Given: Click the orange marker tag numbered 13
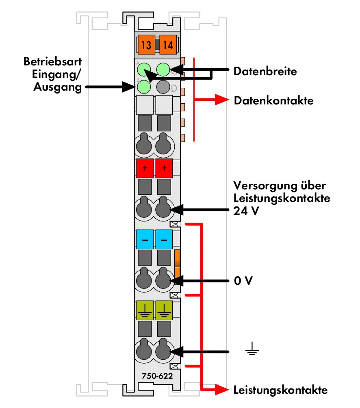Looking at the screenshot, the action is [x=146, y=44].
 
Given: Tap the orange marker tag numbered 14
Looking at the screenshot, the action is [x=168, y=44].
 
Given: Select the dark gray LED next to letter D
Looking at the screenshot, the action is [x=163, y=87].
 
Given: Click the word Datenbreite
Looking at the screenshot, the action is [x=265, y=71].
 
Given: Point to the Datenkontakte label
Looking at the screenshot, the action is [x=273, y=101].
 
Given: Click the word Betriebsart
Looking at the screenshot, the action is [x=52, y=62].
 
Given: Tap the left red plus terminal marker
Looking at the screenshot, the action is [x=145, y=168].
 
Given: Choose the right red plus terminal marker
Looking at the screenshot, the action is [x=164, y=168].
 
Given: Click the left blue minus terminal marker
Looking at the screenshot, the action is [x=145, y=239].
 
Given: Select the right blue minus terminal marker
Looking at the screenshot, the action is [x=164, y=239].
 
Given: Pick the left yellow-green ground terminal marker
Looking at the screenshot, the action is [x=145, y=310].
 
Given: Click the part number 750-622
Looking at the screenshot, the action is [x=157, y=376].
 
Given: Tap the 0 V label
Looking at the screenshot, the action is [x=243, y=281].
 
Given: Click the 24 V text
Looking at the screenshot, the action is [x=246, y=211].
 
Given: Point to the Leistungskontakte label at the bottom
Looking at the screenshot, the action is [x=280, y=390].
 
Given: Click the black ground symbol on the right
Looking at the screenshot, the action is [x=252, y=349].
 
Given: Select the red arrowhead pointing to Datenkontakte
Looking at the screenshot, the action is [x=222, y=100].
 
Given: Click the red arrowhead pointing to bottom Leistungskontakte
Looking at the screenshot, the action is [x=222, y=390].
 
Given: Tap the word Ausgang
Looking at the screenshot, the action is [x=57, y=87].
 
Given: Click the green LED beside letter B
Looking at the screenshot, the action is [x=144, y=87].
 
